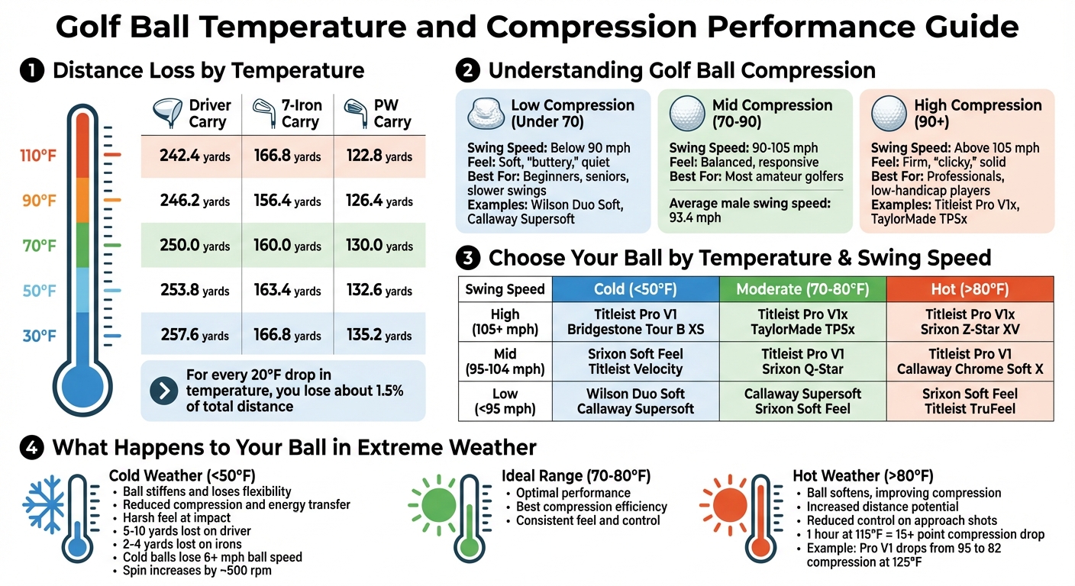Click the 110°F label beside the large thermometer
[38, 156]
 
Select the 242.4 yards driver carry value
[194, 156]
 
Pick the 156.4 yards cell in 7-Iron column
[287, 201]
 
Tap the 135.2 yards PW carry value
[379, 335]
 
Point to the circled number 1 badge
[31, 71]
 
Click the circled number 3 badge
[467, 258]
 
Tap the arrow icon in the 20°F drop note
[163, 391]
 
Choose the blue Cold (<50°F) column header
[635, 289]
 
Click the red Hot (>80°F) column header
[970, 289]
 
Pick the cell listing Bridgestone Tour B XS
[635, 322]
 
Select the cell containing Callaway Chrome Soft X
[970, 362]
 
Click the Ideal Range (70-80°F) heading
[576, 476]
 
